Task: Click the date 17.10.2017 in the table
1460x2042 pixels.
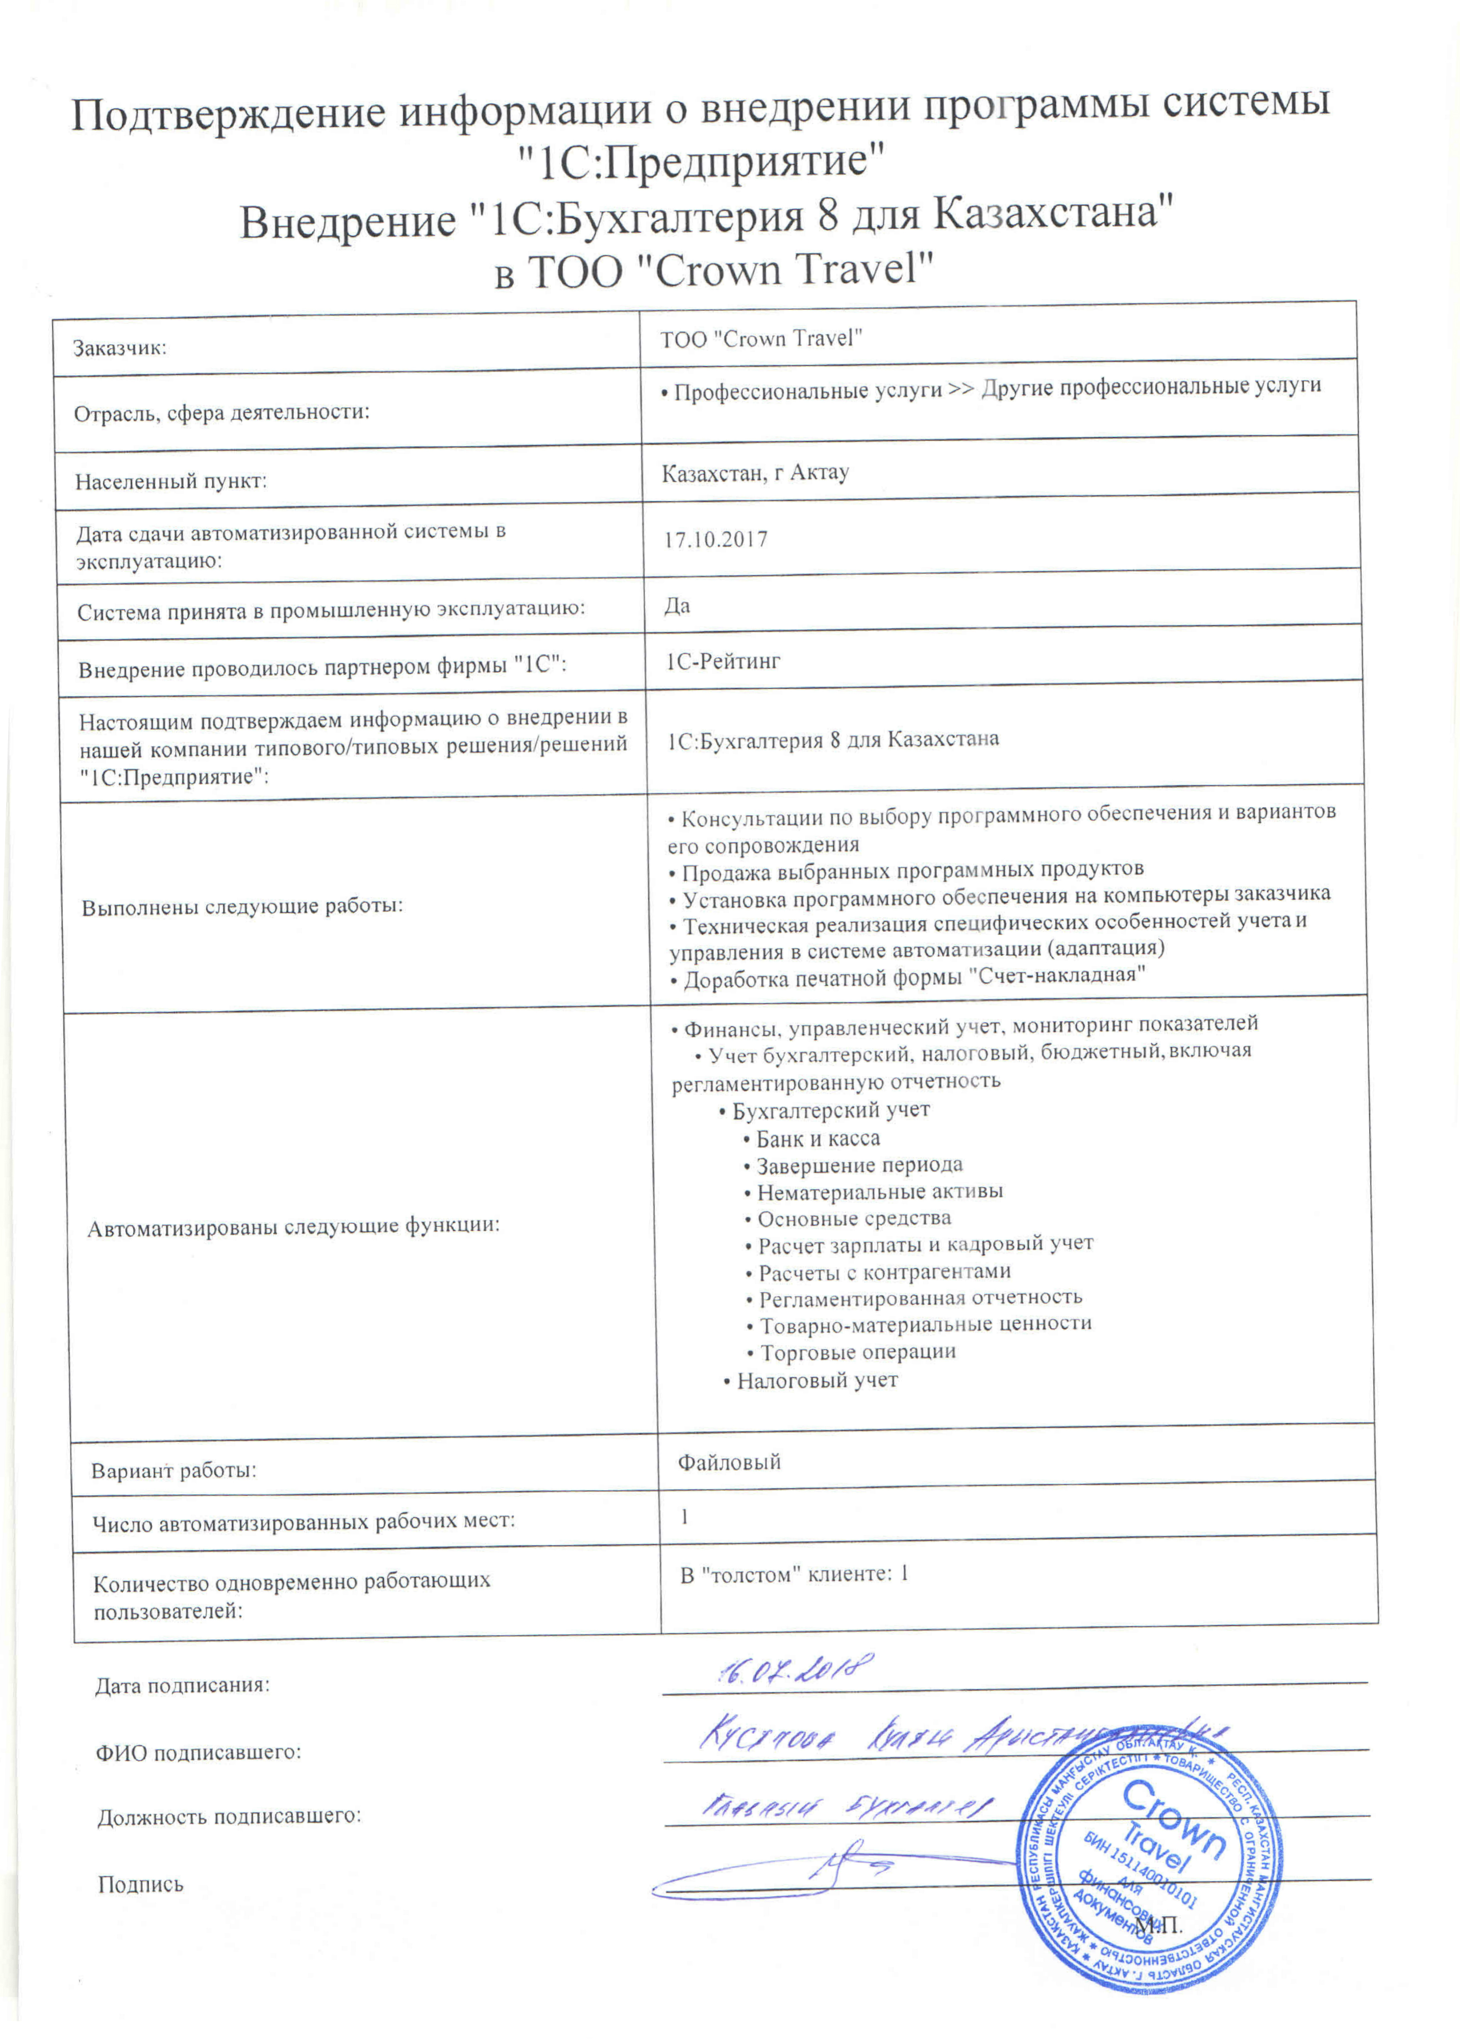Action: point(715,540)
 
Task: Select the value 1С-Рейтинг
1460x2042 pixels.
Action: point(723,662)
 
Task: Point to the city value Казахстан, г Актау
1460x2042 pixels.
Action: point(755,473)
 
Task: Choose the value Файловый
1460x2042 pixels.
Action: point(729,1462)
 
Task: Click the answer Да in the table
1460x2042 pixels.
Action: point(677,605)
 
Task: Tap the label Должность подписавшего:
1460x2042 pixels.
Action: point(229,1815)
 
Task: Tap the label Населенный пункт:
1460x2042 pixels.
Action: point(171,481)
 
